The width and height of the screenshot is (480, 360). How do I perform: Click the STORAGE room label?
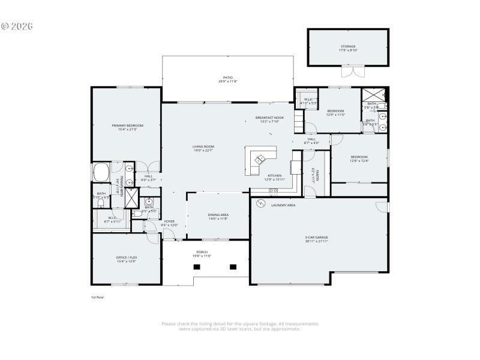click(x=348, y=47)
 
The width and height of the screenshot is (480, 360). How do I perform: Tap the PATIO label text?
click(x=227, y=78)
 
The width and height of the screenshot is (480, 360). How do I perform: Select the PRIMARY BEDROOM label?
click(x=127, y=125)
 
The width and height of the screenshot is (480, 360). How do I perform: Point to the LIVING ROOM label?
click(x=203, y=146)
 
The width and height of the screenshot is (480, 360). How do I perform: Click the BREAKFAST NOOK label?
click(x=269, y=118)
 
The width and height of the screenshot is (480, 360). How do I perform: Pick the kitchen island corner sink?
click(x=260, y=160)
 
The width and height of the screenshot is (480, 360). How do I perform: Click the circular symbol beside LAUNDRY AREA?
click(x=260, y=204)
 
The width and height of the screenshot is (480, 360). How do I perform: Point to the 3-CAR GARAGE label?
click(x=317, y=238)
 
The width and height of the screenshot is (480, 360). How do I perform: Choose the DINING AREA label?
click(x=218, y=214)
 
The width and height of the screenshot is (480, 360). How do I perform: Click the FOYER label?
click(x=169, y=221)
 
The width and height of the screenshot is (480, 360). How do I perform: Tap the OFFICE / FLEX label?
click(x=127, y=257)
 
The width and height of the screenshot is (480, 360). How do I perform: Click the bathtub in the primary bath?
click(x=100, y=172)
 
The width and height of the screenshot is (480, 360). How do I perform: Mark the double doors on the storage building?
click(x=349, y=73)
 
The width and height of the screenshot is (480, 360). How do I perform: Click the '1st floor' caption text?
click(x=97, y=297)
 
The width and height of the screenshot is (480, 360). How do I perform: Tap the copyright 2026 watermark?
click(x=16, y=26)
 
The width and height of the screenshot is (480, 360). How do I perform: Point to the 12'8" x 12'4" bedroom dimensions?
click(x=359, y=161)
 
